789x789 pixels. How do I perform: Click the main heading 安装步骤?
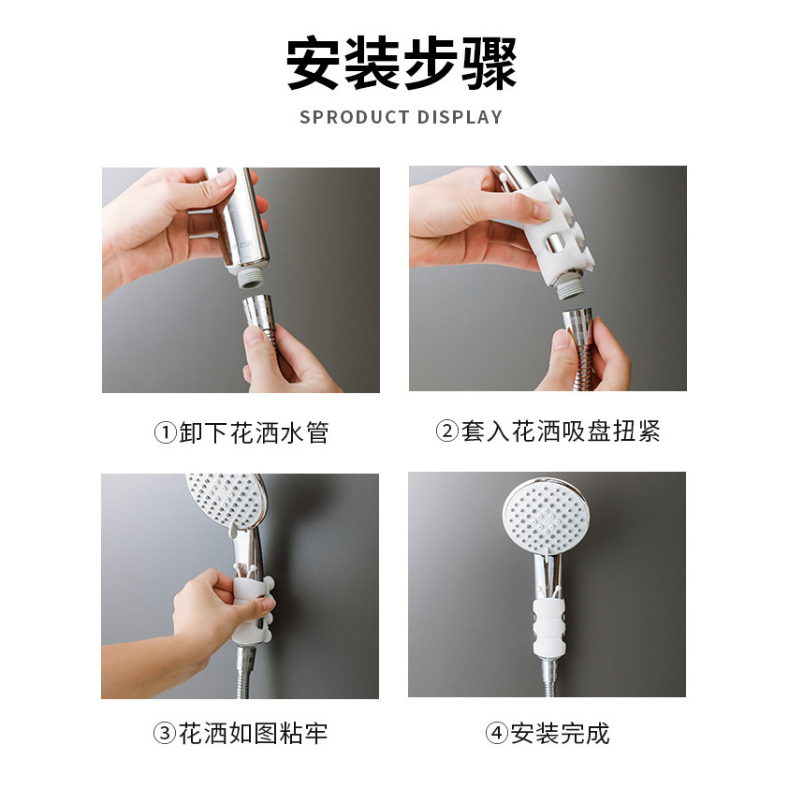402,64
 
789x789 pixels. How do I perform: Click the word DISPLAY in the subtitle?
460,117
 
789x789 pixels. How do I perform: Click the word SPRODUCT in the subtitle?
354,117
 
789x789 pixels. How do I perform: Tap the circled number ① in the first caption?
165,432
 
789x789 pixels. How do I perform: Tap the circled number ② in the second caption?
446,431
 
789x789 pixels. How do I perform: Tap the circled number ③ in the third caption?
165,733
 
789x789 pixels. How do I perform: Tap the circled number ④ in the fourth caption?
496,733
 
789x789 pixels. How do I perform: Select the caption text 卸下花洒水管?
255,432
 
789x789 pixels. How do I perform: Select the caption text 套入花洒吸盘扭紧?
561,431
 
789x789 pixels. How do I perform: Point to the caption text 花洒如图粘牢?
253,733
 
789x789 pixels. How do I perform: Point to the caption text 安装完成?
560,733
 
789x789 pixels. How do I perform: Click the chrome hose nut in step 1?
259,312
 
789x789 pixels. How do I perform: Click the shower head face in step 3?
225,498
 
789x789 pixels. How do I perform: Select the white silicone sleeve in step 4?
548,626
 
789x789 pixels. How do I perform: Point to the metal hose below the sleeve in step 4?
548,677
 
